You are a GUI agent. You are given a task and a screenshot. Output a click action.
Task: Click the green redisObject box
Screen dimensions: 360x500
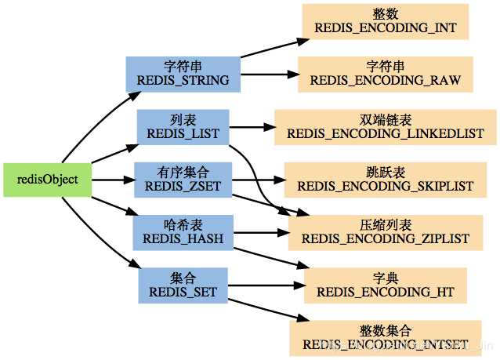[47, 180]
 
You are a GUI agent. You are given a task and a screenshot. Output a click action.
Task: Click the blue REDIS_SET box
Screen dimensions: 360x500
[183, 285]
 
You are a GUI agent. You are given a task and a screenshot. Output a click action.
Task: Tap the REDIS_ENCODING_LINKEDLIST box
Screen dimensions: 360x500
[385, 127]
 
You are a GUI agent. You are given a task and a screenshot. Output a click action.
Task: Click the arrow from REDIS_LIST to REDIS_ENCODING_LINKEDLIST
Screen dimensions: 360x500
[251, 127]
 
